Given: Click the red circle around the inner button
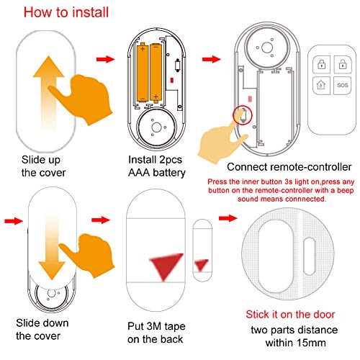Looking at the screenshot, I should pos(243,114).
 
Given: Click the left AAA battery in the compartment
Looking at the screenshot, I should pos(145,71).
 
